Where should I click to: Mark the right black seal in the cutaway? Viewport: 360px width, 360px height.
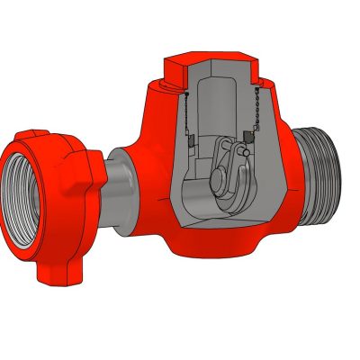coord(249,136)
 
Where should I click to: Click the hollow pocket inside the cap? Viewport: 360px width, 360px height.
coord(216,99)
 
